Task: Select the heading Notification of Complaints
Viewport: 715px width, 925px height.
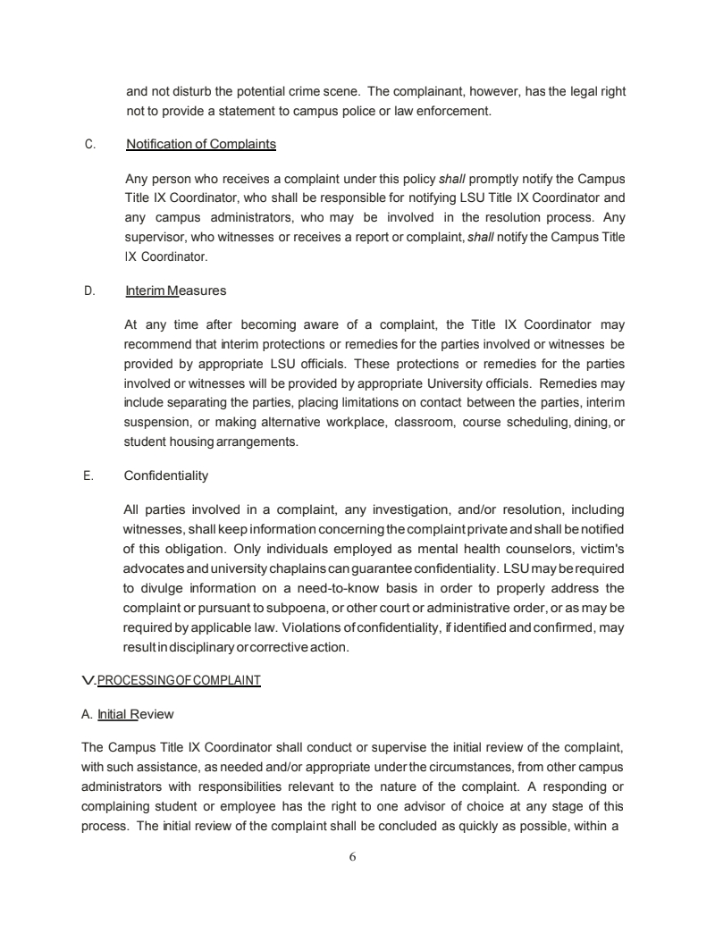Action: [x=201, y=144]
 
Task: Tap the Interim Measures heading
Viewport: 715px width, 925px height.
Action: [x=176, y=290]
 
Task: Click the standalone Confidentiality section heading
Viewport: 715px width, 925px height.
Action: [x=166, y=475]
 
